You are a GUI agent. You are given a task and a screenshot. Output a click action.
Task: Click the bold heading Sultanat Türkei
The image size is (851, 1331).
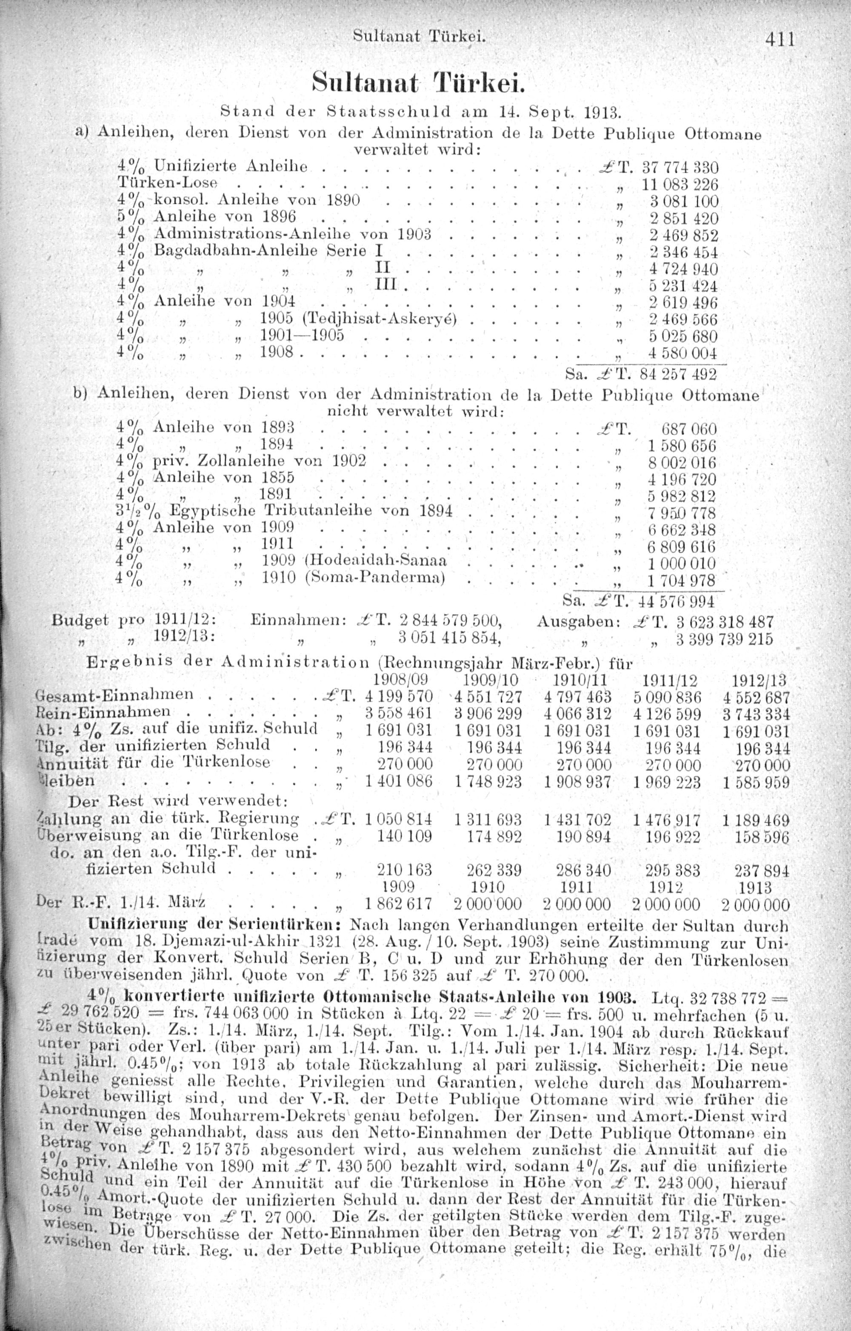coord(417,83)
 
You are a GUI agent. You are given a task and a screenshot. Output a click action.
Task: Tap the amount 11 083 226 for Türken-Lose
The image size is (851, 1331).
coord(679,185)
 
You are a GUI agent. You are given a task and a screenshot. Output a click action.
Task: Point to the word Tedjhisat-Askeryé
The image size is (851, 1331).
coord(379,319)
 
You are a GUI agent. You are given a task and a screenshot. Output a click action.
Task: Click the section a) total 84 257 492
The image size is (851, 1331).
coord(677,375)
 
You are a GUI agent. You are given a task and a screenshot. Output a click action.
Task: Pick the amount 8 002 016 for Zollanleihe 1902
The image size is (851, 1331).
coord(681,463)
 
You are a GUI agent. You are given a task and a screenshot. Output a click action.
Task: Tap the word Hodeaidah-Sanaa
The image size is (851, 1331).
coord(379,560)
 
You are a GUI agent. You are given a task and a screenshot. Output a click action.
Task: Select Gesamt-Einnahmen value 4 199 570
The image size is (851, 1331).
coord(398,697)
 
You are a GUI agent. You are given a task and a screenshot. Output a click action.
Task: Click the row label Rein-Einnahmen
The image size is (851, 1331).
coord(103,712)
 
